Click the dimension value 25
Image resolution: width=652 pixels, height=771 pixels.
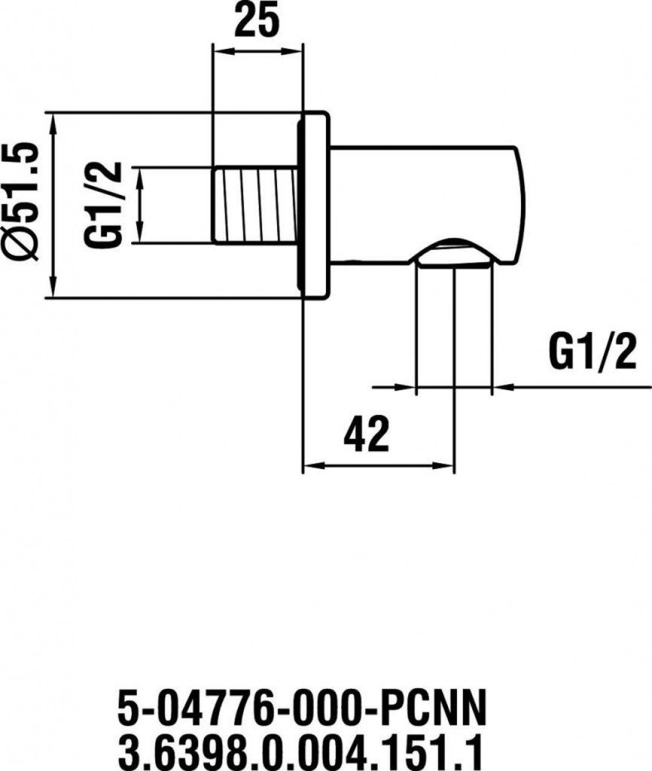pyautogui.click(x=256, y=20)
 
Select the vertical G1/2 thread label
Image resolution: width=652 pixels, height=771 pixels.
pyautogui.click(x=102, y=205)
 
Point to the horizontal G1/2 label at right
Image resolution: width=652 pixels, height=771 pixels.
pyautogui.click(x=592, y=352)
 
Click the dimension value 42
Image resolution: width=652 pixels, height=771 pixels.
pyautogui.click(x=367, y=434)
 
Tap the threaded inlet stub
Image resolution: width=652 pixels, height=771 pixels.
pyautogui.click(x=256, y=205)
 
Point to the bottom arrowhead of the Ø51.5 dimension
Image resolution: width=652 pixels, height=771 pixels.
pyautogui.click(x=53, y=288)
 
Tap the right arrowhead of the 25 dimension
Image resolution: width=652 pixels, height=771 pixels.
pyautogui.click(x=291, y=50)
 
